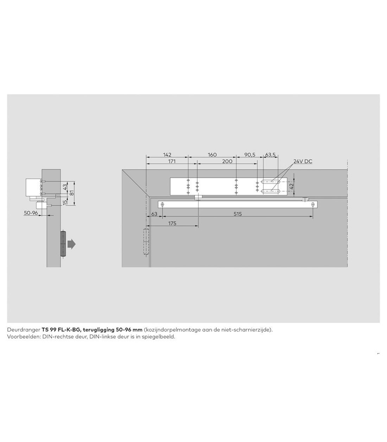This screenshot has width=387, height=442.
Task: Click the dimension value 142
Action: (167, 155)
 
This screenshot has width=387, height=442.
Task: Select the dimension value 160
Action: (212, 155)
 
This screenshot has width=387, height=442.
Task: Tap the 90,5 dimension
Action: (249, 155)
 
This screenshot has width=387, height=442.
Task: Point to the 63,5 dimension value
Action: (270, 155)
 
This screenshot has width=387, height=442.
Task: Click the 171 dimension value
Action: (172, 161)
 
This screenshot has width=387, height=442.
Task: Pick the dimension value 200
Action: (227, 161)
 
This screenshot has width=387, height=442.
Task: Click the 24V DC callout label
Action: (303, 161)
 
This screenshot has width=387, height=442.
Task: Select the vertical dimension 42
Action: (292, 186)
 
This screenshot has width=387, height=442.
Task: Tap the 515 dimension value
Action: (237, 214)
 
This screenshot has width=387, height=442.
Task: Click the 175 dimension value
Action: (172, 223)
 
